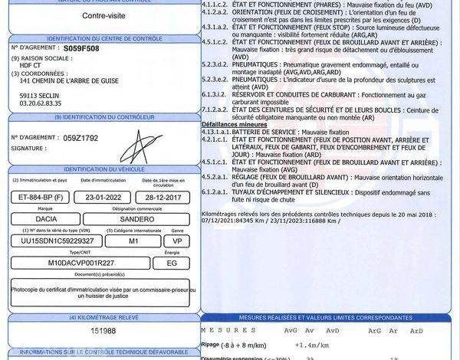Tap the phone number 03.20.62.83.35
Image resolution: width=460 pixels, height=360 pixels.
41,102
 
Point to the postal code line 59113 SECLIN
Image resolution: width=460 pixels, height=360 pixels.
40,94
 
